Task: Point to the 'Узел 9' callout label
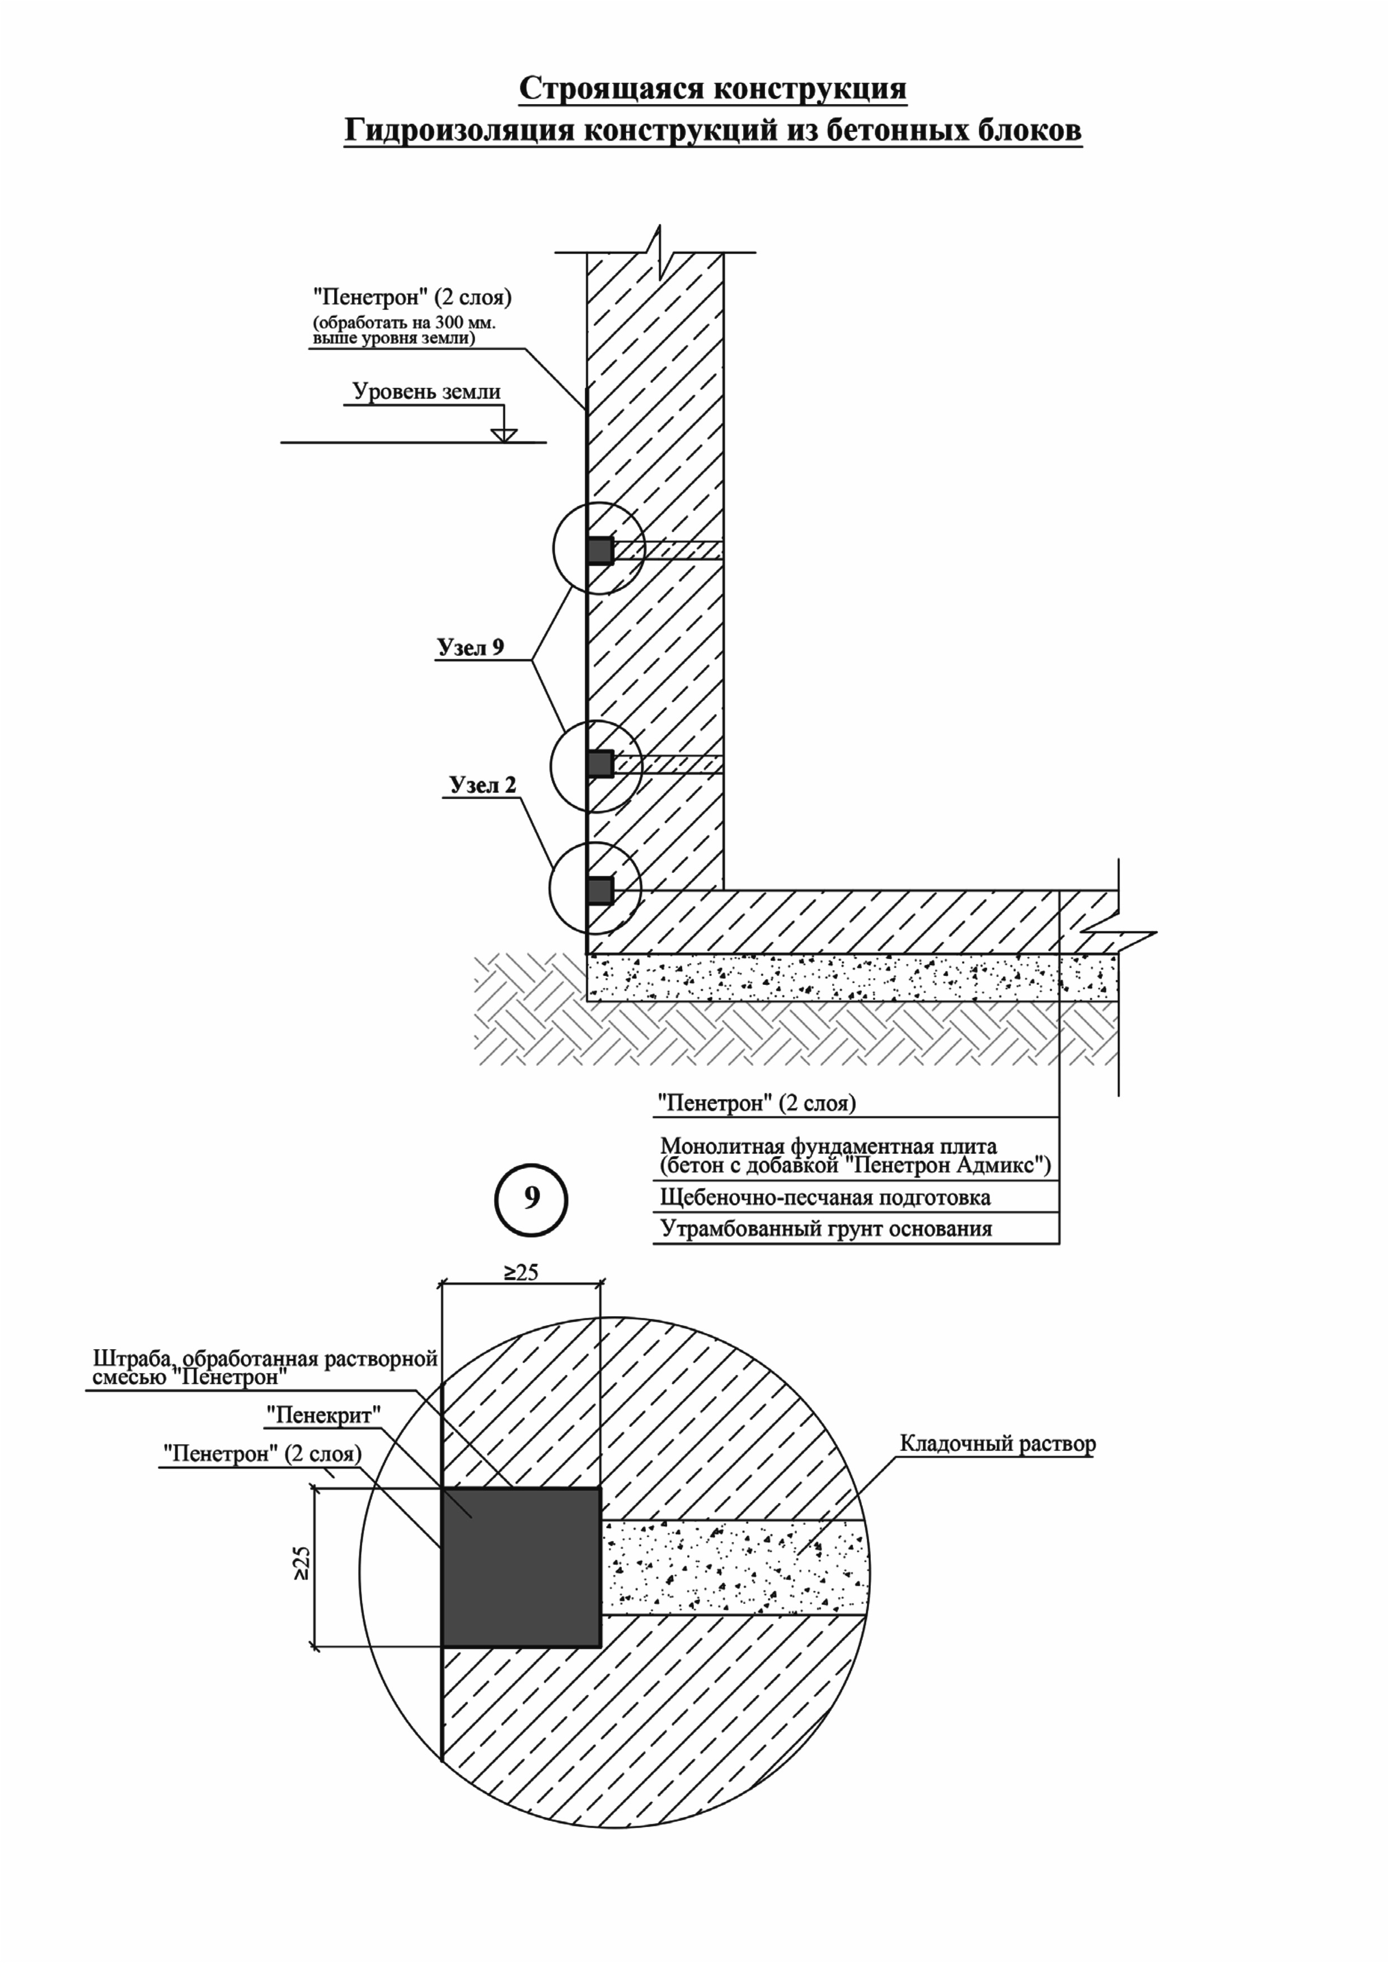(471, 647)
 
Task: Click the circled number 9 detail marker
(531, 1200)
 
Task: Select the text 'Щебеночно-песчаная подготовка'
(825, 1197)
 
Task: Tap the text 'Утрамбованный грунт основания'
(826, 1229)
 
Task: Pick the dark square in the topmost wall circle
(600, 551)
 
